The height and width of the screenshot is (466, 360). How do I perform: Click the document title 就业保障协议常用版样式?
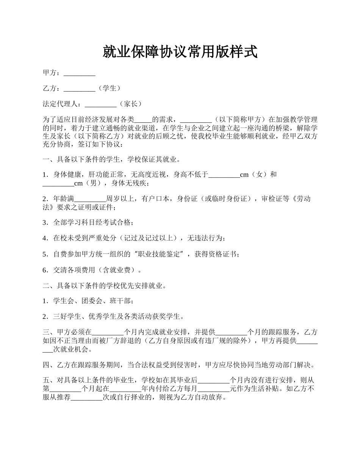click(x=180, y=52)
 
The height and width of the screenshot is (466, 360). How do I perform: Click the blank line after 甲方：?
click(x=79, y=73)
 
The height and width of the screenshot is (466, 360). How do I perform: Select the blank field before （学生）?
click(x=79, y=88)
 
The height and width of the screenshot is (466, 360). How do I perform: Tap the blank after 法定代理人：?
click(x=100, y=103)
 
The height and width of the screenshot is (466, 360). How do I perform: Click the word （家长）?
click(x=130, y=103)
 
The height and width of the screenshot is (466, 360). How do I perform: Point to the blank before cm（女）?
click(x=224, y=174)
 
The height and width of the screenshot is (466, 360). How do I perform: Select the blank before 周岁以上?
click(x=90, y=199)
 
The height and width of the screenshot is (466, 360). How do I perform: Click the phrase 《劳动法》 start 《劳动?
click(x=296, y=199)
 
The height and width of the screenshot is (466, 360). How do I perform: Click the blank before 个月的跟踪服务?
click(x=231, y=332)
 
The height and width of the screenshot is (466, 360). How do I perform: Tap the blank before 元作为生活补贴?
click(x=214, y=388)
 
